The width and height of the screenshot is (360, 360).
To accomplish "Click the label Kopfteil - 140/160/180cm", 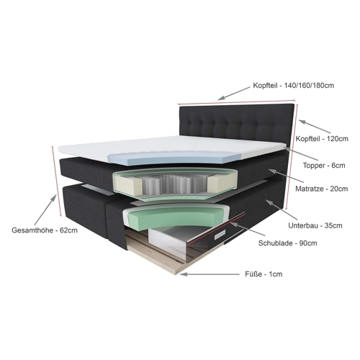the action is [x=293, y=86].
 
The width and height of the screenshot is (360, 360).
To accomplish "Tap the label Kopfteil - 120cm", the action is [x=322, y=139].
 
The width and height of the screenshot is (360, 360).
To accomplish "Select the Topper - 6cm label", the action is [x=324, y=166].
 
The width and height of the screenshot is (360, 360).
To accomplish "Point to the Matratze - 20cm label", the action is [x=321, y=189].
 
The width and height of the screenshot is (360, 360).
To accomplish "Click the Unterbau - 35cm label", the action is [x=315, y=225].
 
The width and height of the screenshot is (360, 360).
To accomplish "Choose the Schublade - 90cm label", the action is [x=287, y=243].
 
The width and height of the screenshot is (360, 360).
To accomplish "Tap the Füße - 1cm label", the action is [x=264, y=274].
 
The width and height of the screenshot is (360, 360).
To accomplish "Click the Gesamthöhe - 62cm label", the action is [x=45, y=230].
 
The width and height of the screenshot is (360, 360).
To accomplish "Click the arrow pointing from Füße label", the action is [x=210, y=274].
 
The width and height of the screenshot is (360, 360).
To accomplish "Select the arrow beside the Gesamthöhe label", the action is [x=45, y=210].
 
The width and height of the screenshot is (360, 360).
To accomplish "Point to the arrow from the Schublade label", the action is [x=248, y=229].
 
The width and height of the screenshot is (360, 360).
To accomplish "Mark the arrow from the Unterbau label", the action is [x=282, y=210].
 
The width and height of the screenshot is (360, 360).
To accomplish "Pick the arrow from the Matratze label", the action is [x=286, y=175].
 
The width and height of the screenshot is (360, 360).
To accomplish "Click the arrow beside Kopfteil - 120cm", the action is [x=315, y=127].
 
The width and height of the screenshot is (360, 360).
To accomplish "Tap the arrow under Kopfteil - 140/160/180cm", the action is [x=233, y=94].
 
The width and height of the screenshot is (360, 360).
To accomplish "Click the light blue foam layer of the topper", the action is [x=175, y=158].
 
